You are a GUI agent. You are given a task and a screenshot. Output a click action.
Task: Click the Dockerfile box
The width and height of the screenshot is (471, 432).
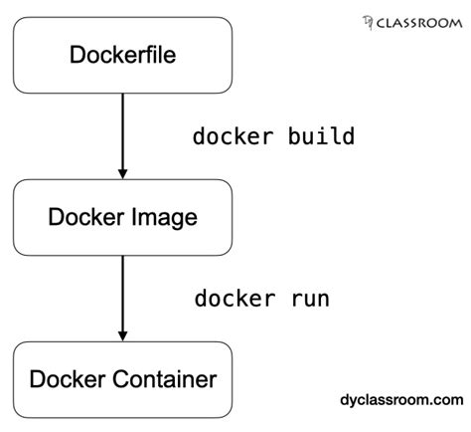tap(122, 55)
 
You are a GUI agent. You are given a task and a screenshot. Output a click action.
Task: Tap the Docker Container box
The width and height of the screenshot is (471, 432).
tap(122, 379)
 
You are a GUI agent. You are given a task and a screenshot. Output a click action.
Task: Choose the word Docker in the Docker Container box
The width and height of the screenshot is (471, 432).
tap(61, 379)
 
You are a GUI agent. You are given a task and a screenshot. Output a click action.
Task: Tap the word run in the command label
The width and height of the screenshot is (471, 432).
tap(310, 299)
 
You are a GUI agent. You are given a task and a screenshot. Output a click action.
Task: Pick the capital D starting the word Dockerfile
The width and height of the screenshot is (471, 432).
tap(78, 55)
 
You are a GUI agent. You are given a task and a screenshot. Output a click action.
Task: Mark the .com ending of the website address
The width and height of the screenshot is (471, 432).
tap(446, 400)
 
